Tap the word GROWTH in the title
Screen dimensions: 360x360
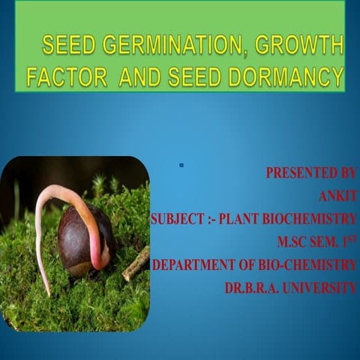(x=299, y=46)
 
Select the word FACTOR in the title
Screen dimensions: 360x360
(x=68, y=76)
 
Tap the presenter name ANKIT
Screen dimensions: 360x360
(x=337, y=196)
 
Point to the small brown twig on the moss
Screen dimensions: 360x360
(x=136, y=263)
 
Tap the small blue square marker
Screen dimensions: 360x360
(x=181, y=164)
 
